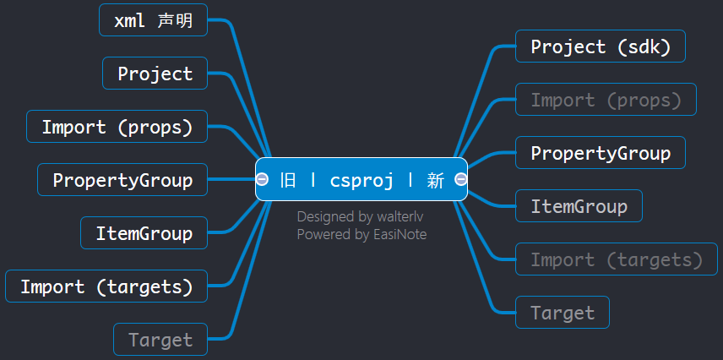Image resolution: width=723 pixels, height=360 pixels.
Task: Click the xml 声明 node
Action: click(x=153, y=19)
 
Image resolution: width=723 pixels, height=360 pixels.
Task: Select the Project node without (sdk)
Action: click(x=155, y=73)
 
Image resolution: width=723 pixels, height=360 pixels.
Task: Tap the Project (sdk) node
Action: click(x=601, y=46)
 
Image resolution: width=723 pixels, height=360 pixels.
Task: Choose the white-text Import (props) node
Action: click(x=117, y=127)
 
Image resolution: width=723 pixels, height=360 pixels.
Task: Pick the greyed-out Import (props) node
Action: click(x=606, y=99)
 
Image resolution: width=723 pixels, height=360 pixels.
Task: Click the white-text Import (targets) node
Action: click(x=106, y=286)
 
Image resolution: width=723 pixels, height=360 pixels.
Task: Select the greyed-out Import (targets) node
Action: click(x=617, y=259)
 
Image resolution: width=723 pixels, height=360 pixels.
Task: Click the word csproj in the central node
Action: click(x=362, y=180)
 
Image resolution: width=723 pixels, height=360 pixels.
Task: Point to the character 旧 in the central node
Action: click(x=288, y=179)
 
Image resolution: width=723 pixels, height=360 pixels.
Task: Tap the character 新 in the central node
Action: click(x=435, y=179)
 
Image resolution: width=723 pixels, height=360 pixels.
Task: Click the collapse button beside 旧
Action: click(x=262, y=179)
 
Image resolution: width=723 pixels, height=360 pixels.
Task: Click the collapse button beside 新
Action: click(x=460, y=179)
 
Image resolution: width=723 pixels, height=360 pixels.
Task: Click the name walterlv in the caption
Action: click(x=400, y=216)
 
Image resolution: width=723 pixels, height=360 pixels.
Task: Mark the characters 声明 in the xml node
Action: click(x=175, y=20)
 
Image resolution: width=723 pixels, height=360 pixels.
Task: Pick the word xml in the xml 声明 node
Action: click(x=129, y=21)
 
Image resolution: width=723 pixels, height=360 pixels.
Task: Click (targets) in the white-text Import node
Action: click(x=144, y=287)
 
